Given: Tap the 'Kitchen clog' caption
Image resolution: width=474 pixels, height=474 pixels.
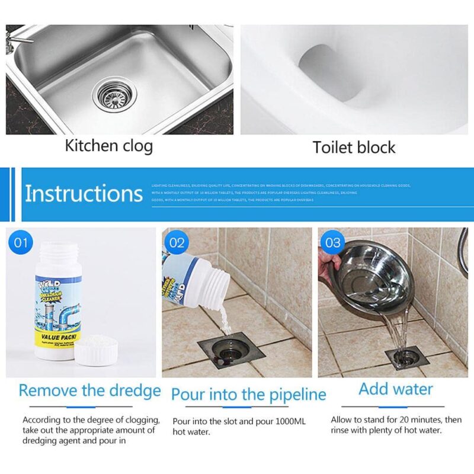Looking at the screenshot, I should (x=108, y=146).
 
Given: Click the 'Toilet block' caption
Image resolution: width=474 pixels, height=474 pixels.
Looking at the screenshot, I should (x=354, y=147).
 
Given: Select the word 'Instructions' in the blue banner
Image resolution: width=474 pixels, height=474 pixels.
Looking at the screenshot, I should (x=84, y=194).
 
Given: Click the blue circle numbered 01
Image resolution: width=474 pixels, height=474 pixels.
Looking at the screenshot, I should (x=22, y=242).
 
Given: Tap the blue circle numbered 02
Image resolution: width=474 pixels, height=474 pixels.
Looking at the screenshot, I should (x=177, y=242).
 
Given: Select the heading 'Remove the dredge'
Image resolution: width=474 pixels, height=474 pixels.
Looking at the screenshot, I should (x=89, y=390).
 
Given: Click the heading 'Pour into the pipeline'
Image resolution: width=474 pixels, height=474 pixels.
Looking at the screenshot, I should (x=248, y=394).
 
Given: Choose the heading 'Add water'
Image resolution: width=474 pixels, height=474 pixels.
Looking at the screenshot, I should (x=396, y=389).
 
